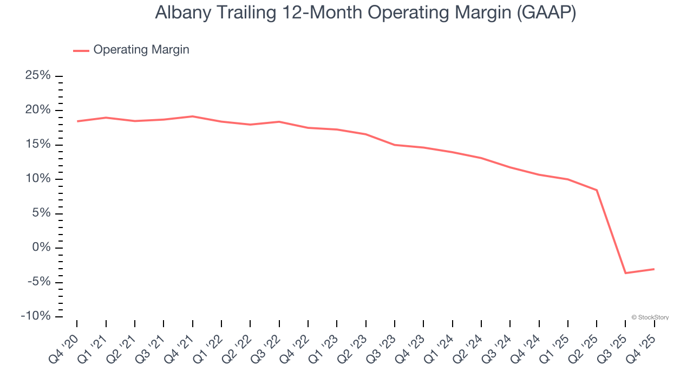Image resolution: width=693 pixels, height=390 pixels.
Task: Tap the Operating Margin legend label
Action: click(x=141, y=50)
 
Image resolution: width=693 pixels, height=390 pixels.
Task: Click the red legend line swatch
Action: click(x=81, y=50)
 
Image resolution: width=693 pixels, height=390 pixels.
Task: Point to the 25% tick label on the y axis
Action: click(x=38, y=76)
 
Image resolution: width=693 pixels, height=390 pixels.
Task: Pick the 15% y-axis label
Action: click(x=38, y=145)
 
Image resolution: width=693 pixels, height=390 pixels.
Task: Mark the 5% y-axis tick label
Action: click(x=41, y=213)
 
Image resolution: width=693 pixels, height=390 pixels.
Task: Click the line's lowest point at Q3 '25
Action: click(x=625, y=273)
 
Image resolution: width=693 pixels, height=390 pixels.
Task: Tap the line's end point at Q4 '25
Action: click(x=654, y=269)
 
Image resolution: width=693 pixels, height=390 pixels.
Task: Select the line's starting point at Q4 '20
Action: click(x=77, y=121)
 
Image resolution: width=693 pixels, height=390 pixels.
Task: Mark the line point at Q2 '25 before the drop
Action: click(x=597, y=190)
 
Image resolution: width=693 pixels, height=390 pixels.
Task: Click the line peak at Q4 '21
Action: click(x=192, y=116)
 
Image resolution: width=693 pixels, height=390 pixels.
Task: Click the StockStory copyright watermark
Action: click(x=650, y=317)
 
